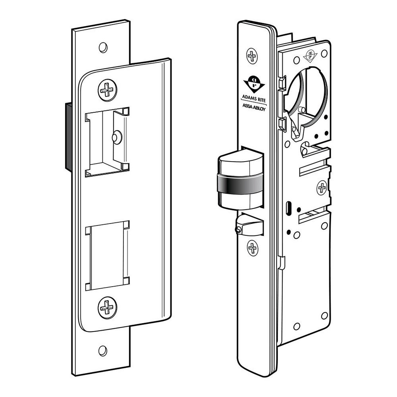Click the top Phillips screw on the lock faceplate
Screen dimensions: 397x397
252,56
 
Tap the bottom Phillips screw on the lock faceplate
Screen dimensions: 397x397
252,249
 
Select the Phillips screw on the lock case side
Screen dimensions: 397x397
322,187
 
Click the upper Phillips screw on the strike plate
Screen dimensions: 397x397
108,90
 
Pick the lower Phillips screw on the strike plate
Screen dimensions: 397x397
108,307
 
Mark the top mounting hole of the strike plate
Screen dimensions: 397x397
103,47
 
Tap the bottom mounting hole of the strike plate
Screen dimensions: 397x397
103,350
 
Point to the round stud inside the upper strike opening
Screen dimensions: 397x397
116,137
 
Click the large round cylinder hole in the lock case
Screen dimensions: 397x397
308,95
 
